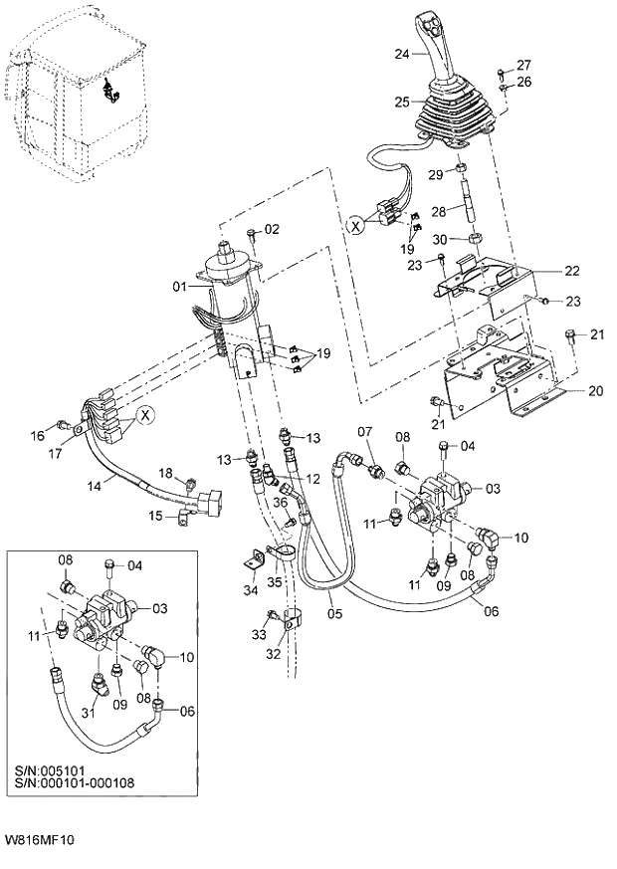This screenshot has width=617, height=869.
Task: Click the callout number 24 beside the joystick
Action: click(402, 54)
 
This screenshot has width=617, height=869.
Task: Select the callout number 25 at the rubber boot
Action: click(402, 102)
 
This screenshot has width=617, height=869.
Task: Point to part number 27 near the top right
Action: click(523, 65)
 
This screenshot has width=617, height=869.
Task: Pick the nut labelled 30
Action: click(477, 240)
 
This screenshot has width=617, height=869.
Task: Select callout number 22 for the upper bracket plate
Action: click(572, 270)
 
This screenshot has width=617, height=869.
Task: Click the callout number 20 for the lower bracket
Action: click(595, 391)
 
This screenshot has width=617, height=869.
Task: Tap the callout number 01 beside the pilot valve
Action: click(179, 288)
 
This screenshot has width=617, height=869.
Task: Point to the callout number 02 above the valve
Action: click(272, 230)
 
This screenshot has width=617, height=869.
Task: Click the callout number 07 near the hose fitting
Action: click(365, 432)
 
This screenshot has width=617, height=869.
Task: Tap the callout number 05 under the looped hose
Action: click(334, 614)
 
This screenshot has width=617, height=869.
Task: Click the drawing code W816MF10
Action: click(39, 839)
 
